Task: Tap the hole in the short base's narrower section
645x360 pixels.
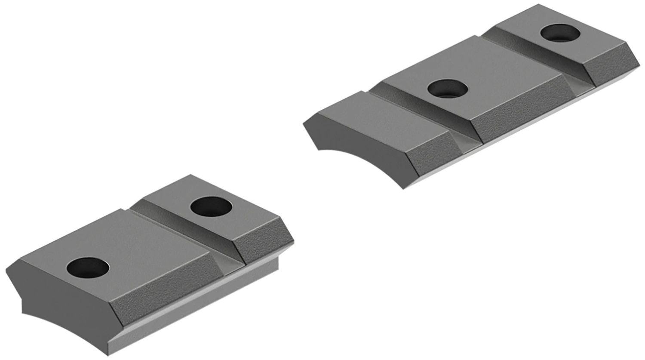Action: pyautogui.click(x=211, y=207)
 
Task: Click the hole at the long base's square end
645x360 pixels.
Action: pyautogui.click(x=560, y=33)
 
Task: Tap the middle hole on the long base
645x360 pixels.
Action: pyautogui.click(x=448, y=89)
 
